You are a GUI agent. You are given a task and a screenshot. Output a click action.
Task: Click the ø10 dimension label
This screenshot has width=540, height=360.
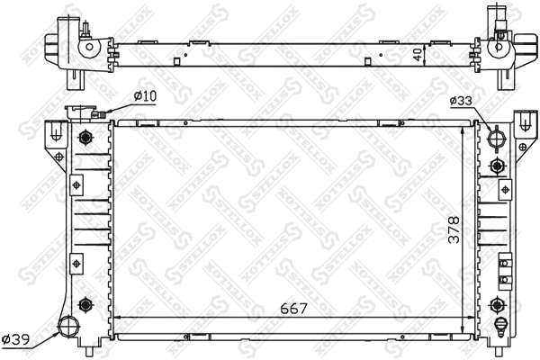(144, 96)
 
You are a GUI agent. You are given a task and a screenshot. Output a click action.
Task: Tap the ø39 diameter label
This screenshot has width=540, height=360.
(16, 339)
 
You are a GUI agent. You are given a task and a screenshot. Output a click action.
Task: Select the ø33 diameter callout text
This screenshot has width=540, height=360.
(461, 102)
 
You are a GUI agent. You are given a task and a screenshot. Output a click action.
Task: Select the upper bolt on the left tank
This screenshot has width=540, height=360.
(85, 138)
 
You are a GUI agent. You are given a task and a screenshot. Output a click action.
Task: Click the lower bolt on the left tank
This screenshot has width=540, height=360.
(85, 303)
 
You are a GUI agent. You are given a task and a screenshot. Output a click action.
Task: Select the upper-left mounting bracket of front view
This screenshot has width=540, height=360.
(57, 134)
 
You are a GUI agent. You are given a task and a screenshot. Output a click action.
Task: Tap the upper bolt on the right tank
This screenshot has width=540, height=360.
(496, 166)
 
